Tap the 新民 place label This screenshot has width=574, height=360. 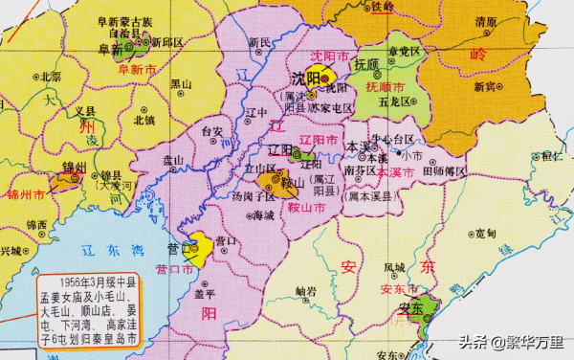point(259,42)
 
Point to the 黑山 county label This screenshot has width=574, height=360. point(181,83)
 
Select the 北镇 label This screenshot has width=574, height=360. point(145,120)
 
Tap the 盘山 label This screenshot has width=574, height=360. point(173,159)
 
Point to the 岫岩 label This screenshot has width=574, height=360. point(306,290)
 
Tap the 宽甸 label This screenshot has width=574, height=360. point(485,234)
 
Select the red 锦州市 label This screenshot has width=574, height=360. point(26,194)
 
